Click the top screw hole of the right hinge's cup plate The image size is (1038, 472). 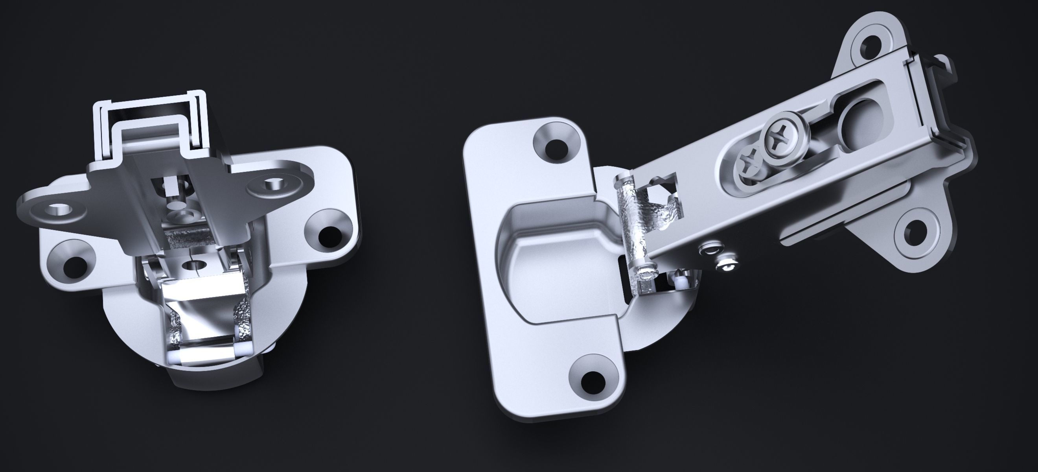point(556,148)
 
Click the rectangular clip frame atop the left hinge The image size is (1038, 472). point(149,121)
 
